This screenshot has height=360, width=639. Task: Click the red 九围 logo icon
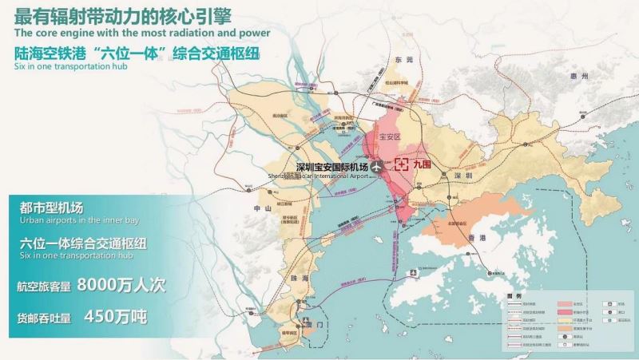coord(403,166)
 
